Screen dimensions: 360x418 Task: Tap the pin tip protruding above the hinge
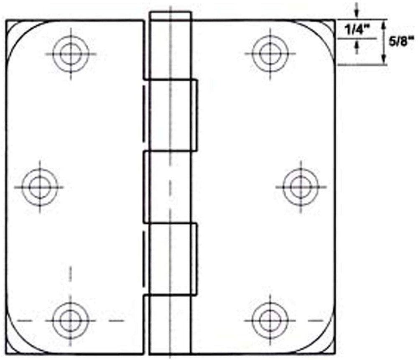(x=171, y=16)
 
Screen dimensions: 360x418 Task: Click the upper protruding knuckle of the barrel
(x=172, y=115)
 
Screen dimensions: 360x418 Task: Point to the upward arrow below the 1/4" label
(x=356, y=47)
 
